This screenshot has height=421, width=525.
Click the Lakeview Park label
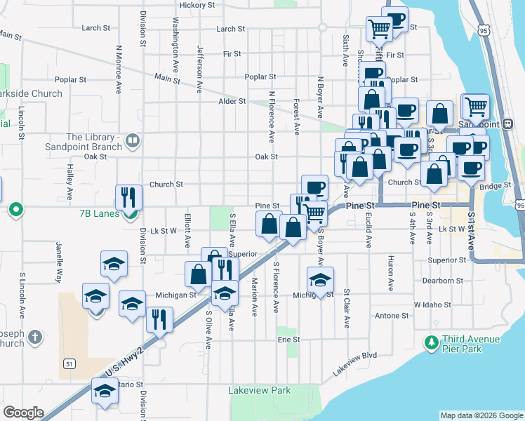(260, 390)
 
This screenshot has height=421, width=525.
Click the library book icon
(131, 142)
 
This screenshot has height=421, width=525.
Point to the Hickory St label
(197, 5)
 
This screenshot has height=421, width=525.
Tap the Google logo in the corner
(22, 413)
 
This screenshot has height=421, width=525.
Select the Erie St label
(288, 339)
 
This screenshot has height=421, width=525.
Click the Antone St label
(386, 316)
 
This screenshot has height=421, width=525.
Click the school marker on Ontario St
(105, 390)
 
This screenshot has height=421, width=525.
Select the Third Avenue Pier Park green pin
(431, 343)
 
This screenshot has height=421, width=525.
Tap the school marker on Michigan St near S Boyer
(320, 279)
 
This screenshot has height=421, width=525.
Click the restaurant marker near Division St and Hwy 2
(160, 319)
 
